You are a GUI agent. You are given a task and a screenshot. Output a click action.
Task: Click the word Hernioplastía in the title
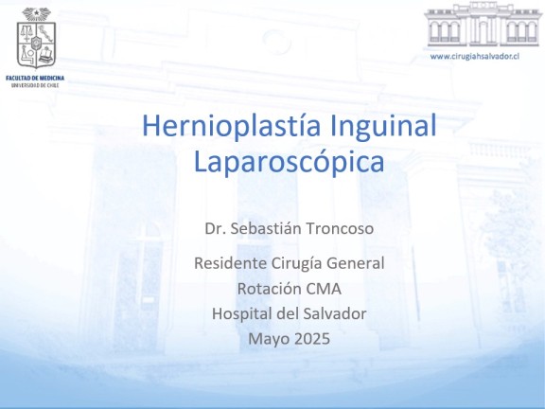pyautogui.click(x=231, y=126)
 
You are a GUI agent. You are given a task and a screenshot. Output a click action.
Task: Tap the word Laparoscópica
pyautogui.click(x=289, y=162)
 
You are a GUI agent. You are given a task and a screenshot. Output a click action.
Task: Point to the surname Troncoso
pyautogui.click(x=340, y=228)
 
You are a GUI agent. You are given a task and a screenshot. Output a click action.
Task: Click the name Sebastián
pyautogui.click(x=265, y=228)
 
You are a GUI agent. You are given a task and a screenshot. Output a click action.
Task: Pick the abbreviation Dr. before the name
pyautogui.click(x=215, y=228)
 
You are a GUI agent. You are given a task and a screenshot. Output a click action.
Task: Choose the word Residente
pyautogui.click(x=230, y=263)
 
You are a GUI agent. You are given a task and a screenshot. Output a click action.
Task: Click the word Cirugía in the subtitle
pyautogui.click(x=296, y=263)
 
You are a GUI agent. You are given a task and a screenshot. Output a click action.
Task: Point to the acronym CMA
pyautogui.click(x=324, y=289)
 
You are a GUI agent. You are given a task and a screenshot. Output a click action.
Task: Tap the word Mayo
pyautogui.click(x=267, y=339)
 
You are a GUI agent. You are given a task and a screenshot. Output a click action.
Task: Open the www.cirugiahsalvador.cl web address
pyautogui.click(x=475, y=56)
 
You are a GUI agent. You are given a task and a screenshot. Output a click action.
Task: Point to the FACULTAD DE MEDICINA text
pyautogui.click(x=35, y=78)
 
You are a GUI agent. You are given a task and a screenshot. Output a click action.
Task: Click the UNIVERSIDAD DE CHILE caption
pyautogui.click(x=35, y=85)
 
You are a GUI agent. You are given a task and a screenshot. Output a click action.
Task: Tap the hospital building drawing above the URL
pyautogui.click(x=483, y=25)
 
